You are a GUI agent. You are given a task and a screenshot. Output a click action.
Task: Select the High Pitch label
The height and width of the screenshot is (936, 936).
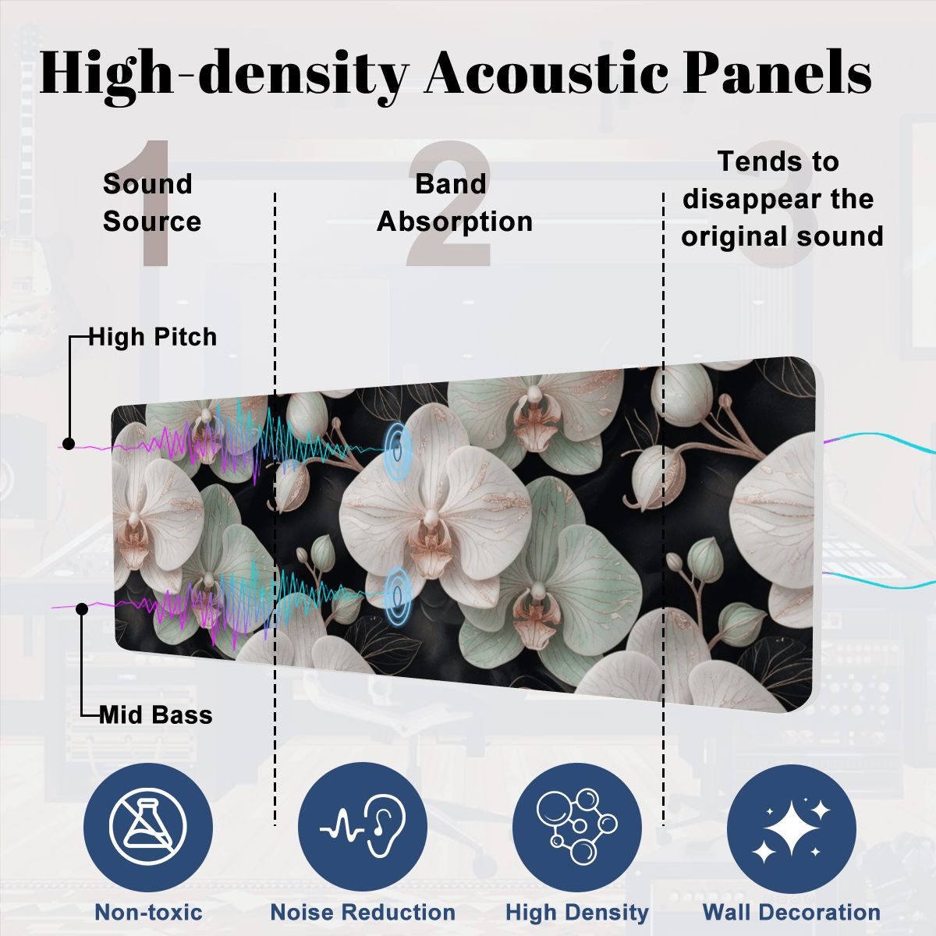[153, 337]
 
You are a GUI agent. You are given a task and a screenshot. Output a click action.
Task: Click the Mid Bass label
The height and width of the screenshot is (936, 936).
[156, 714]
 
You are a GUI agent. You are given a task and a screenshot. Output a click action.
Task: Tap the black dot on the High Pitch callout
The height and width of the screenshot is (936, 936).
[69, 444]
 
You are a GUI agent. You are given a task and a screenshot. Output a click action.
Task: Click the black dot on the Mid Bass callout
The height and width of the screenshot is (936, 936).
[82, 609]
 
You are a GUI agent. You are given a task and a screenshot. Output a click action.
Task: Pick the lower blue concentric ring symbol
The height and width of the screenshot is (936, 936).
[397, 594]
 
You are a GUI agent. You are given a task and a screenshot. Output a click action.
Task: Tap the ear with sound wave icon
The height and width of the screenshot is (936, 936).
[363, 827]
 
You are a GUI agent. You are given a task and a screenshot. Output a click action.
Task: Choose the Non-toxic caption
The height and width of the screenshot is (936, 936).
[149, 912]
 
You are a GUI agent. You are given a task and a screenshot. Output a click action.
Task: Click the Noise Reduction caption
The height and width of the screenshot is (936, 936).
[363, 912]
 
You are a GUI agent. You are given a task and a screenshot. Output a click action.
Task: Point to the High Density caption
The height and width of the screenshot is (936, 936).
[577, 912]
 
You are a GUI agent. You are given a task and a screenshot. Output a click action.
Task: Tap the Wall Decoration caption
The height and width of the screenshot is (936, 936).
[792, 912]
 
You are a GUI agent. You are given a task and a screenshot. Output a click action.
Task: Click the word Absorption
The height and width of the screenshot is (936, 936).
[455, 222]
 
